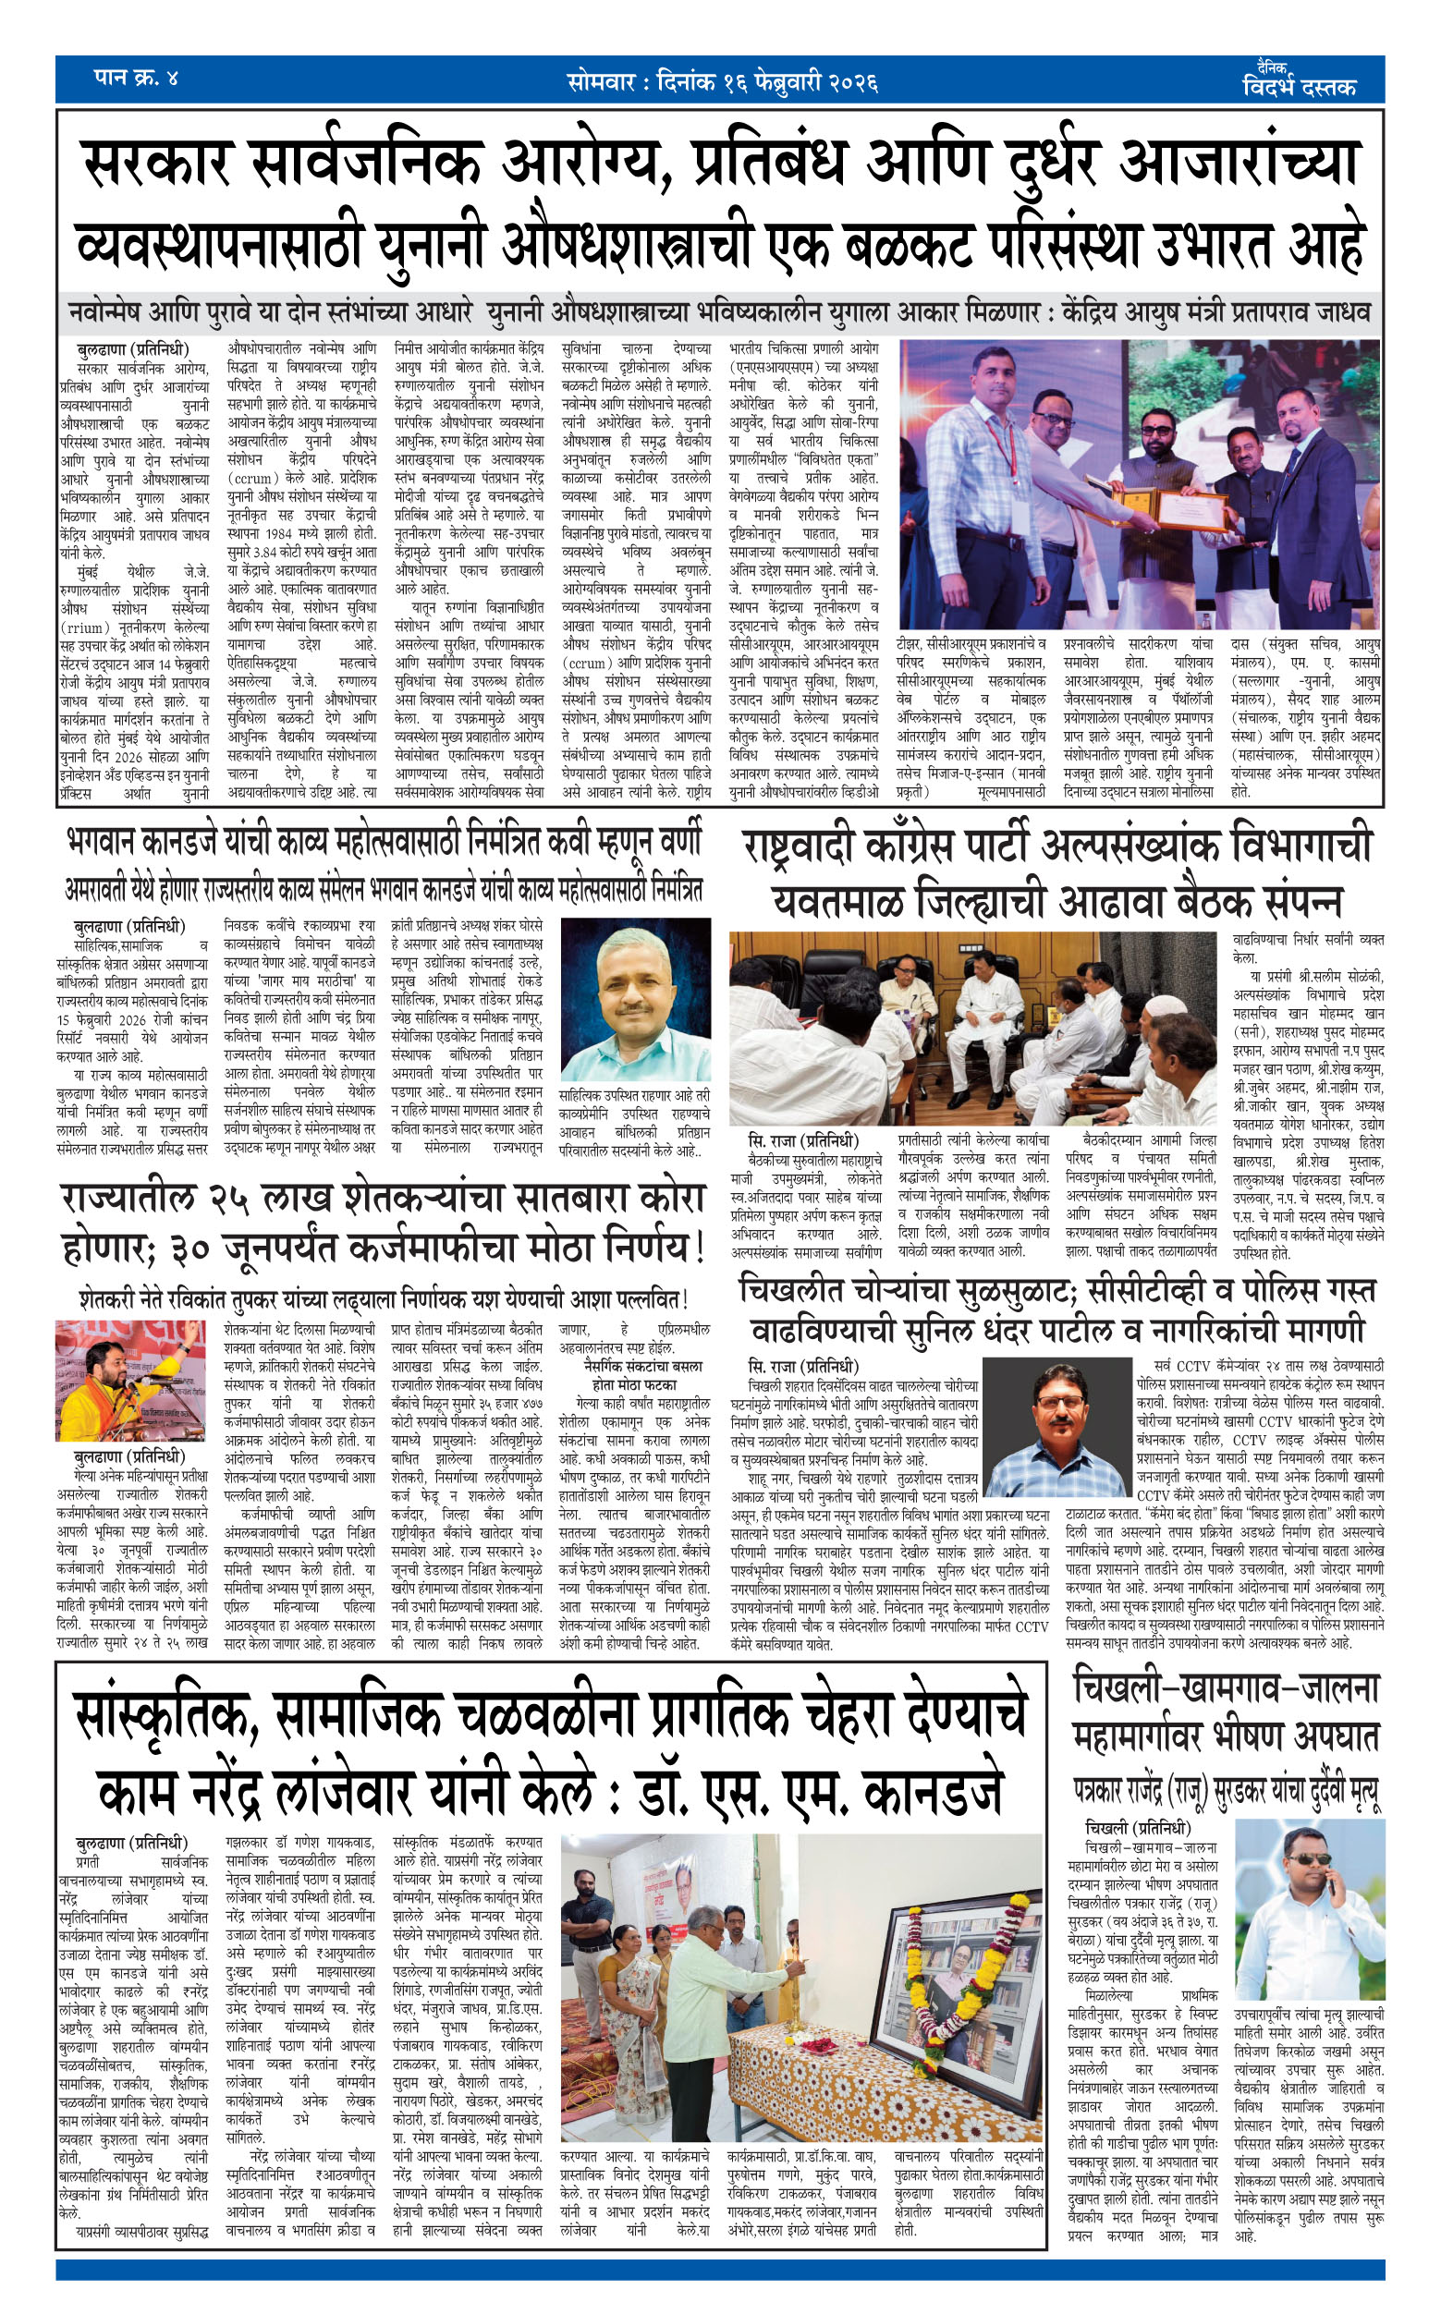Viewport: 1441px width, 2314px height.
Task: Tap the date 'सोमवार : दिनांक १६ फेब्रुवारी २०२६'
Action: [722, 81]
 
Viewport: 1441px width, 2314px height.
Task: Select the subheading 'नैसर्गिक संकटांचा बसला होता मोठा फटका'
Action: [636, 1375]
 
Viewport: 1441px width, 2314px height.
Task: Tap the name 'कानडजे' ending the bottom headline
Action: [920, 1794]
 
